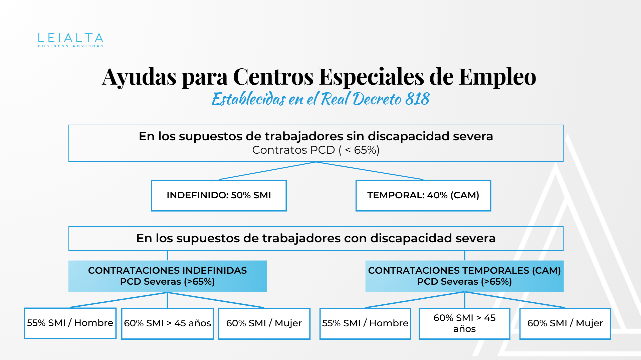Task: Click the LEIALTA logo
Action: (x=70, y=38)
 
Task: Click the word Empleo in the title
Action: (x=497, y=77)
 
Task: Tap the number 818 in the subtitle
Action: (x=417, y=99)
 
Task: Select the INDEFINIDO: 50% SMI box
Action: (x=219, y=195)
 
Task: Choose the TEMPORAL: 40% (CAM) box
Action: (x=423, y=195)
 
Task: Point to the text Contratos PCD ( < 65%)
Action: (x=315, y=150)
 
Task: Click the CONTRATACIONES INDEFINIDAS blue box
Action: (x=167, y=276)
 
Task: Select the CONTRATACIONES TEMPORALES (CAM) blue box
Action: (x=464, y=276)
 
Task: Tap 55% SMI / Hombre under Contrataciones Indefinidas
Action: (x=70, y=323)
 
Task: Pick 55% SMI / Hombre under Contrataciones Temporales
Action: (x=365, y=323)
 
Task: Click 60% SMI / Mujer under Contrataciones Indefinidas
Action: (x=264, y=323)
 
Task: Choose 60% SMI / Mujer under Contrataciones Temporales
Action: (x=565, y=323)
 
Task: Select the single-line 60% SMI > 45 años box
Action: (x=167, y=323)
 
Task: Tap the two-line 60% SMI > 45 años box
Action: (x=464, y=323)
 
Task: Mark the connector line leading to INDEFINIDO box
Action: (x=267, y=171)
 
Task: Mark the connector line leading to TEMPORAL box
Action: (x=370, y=171)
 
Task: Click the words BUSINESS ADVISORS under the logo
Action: (x=70, y=46)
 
